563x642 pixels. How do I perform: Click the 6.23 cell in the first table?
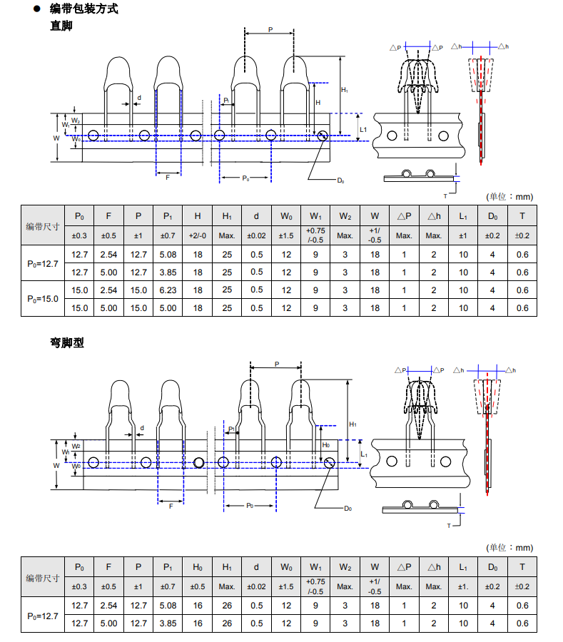(168, 290)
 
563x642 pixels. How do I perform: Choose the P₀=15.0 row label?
(42, 299)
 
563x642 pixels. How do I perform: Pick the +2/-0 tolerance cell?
(197, 235)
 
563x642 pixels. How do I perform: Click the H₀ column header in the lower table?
(197, 568)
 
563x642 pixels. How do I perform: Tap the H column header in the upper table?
(197, 216)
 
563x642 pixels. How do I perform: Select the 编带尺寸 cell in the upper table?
(42, 226)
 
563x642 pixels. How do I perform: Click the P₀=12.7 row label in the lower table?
(42, 614)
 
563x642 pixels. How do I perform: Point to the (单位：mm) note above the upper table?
(509, 197)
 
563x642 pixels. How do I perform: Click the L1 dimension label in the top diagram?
(362, 129)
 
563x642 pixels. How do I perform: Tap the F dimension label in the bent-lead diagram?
(171, 505)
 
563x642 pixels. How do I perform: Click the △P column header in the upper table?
(404, 216)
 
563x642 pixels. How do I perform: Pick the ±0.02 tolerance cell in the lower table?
(256, 586)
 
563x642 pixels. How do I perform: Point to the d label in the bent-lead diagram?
(142, 429)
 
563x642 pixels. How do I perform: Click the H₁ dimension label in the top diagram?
(345, 90)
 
